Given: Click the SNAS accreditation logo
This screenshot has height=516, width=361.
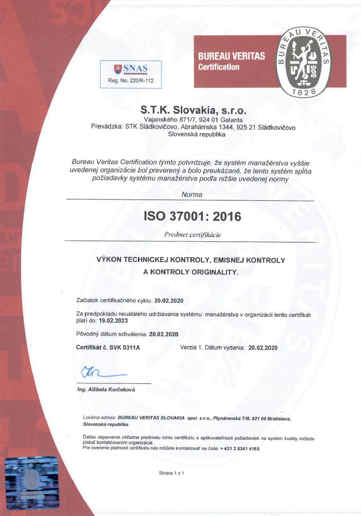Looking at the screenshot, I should coord(131,69).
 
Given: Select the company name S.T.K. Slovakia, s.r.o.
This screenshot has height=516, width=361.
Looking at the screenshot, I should coord(194,110).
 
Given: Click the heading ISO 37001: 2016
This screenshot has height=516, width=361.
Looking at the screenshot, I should coord(192,217).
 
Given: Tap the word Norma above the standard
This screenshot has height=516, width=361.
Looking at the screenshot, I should coord(192,195).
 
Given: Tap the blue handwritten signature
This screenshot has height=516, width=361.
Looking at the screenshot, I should coord(102,373).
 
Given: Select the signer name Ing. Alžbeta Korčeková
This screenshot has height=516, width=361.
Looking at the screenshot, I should coord(106,390).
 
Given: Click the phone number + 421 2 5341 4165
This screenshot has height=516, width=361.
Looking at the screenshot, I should coord(240,449).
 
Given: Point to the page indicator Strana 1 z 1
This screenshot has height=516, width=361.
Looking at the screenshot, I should coord(171,473).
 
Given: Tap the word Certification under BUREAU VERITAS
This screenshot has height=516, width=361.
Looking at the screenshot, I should coord(219,67).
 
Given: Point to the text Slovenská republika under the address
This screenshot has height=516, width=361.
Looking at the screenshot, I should coord(196,134).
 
